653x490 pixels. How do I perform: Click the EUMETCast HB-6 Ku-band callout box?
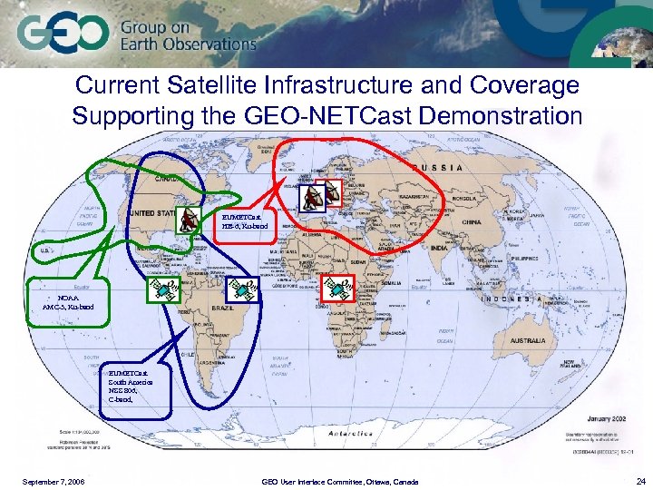pyautogui.click(x=244, y=221)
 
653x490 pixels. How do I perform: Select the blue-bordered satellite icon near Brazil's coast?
pyautogui.click(x=239, y=288)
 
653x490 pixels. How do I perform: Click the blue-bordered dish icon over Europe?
pyautogui.click(x=310, y=194)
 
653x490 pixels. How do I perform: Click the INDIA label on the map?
pyautogui.click(x=435, y=247)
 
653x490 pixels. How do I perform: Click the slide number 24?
pyautogui.click(x=641, y=481)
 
